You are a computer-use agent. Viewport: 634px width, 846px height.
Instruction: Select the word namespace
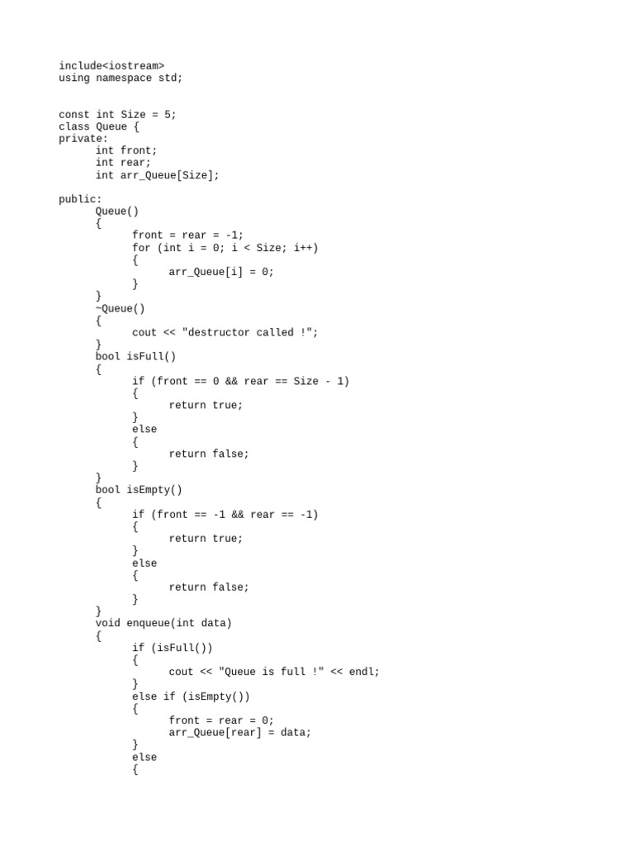[124, 78]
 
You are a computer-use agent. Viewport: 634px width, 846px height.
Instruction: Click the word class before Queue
[74, 126]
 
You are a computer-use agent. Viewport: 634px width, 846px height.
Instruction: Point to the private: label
[83, 139]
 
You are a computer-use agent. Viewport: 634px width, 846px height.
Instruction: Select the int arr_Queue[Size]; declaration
[158, 175]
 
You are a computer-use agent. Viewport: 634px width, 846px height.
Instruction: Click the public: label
[80, 199]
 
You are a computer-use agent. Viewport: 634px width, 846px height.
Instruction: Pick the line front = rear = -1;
[188, 235]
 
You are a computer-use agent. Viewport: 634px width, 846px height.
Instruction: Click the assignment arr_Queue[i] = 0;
[221, 271]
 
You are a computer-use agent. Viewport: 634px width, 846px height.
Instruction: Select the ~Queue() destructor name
[121, 308]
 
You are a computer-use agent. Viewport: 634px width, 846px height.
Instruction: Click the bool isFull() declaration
[135, 356]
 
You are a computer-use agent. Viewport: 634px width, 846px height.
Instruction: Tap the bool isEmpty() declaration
[139, 490]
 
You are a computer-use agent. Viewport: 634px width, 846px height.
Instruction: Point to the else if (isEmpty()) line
[191, 696]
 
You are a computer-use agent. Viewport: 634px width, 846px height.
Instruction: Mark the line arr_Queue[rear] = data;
[240, 732]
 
